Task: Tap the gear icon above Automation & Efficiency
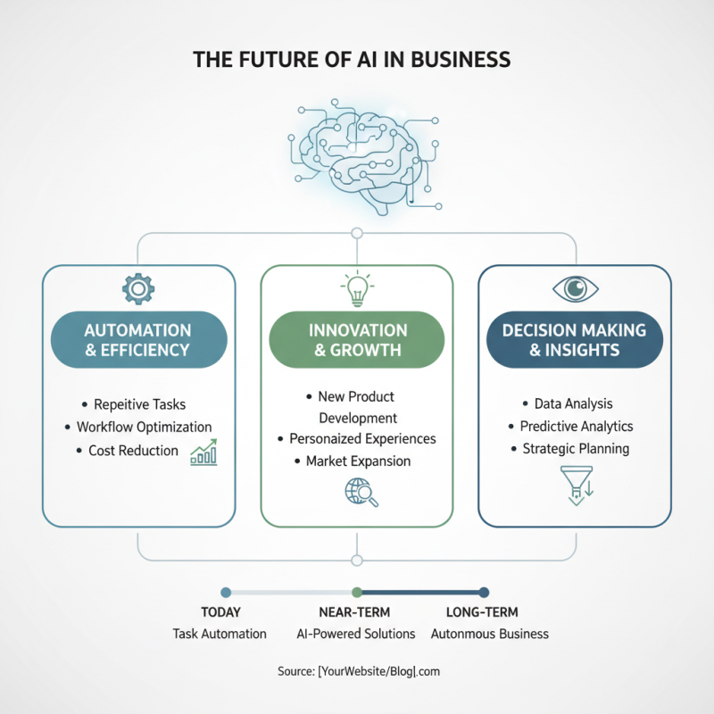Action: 138,288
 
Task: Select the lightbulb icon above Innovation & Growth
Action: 356,287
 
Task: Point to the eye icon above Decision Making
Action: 575,288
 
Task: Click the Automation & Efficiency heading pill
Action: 138,340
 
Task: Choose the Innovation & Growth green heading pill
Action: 356,340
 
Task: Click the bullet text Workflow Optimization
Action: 144,428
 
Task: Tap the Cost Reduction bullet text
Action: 133,451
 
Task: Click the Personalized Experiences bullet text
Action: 362,439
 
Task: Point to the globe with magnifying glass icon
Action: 361,492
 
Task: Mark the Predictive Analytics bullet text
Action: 577,427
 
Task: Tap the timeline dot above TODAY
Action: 226,592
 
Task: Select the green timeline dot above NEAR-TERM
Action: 357,592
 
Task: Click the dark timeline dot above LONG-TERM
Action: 484,592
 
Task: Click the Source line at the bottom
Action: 357,671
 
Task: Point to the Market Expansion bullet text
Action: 358,461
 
